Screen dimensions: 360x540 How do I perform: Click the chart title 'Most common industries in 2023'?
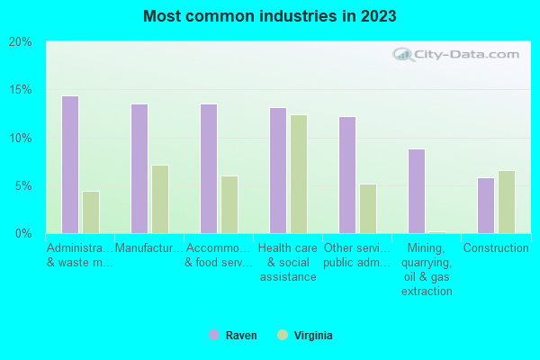point(269,16)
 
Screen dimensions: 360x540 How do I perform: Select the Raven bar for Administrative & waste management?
point(70,165)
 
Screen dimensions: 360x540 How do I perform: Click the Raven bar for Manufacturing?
point(139,168)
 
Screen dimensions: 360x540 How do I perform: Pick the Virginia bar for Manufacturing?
point(160,199)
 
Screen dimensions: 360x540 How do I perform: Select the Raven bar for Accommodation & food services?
point(209,168)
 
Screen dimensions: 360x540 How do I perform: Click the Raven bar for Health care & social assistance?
point(278,170)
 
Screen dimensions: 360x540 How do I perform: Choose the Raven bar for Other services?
point(347,175)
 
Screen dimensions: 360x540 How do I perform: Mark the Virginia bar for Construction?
point(507,202)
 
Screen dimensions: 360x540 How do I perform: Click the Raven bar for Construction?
point(486,205)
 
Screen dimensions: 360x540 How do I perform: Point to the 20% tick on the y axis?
point(21,42)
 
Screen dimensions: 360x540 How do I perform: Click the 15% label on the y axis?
point(21,90)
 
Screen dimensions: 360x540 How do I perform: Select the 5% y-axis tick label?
point(23,186)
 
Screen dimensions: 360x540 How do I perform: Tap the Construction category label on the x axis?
point(495,248)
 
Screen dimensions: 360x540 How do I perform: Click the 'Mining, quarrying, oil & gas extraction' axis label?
point(426,269)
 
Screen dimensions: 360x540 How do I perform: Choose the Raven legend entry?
point(232,336)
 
